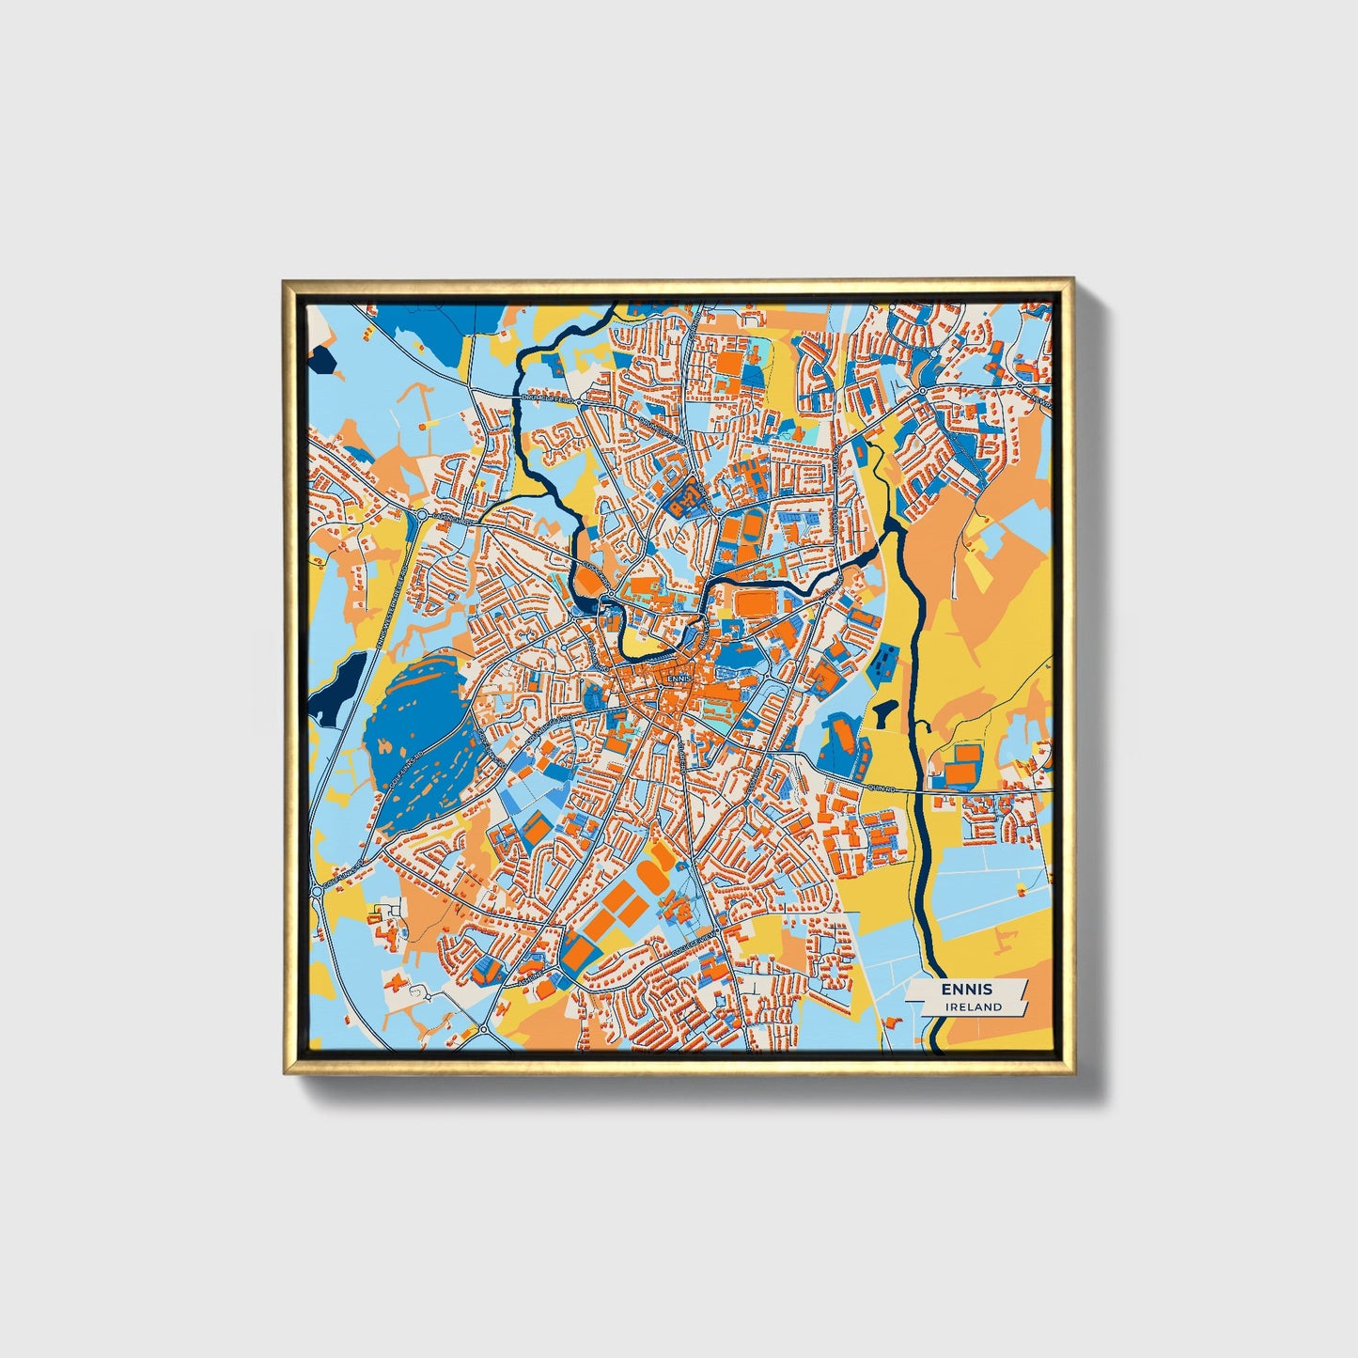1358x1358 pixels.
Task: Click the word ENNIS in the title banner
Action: pyautogui.click(x=966, y=990)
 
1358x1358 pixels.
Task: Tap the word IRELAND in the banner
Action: pyautogui.click(x=975, y=1007)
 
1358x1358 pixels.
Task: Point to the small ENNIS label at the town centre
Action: pyautogui.click(x=678, y=677)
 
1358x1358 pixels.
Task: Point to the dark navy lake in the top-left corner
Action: pyautogui.click(x=321, y=362)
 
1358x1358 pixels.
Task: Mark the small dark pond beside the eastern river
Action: pyautogui.click(x=884, y=714)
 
